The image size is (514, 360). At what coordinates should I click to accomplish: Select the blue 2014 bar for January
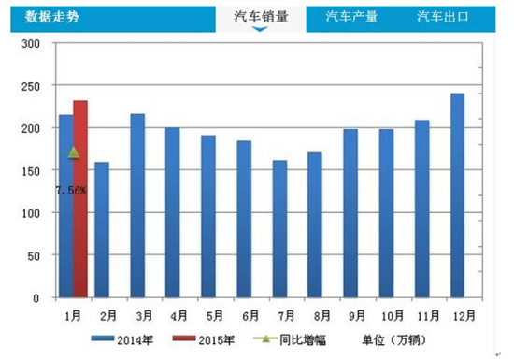click(x=65, y=206)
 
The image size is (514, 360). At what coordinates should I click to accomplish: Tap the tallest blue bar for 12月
click(x=458, y=195)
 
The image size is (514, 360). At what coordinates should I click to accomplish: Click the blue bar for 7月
click(x=279, y=229)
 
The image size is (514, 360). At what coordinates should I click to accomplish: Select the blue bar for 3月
click(x=136, y=206)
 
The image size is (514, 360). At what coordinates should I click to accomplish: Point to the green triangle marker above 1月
click(x=74, y=151)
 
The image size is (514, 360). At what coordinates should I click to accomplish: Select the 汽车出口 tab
click(x=442, y=17)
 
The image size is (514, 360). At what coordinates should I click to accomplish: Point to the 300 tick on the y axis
click(x=31, y=44)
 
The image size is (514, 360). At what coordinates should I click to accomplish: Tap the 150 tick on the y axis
click(x=31, y=171)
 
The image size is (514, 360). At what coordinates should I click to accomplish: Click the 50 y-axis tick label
click(x=34, y=255)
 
